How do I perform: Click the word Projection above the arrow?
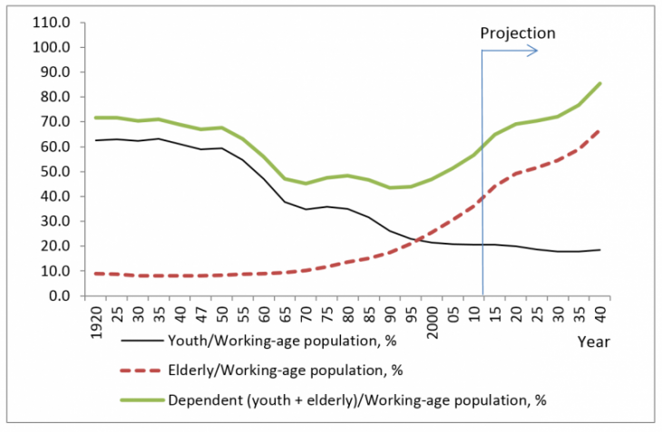[517, 34]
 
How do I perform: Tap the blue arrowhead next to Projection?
[535, 51]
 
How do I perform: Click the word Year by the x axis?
[593, 342]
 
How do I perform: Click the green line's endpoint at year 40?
[599, 83]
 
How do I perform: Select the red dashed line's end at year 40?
[599, 130]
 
